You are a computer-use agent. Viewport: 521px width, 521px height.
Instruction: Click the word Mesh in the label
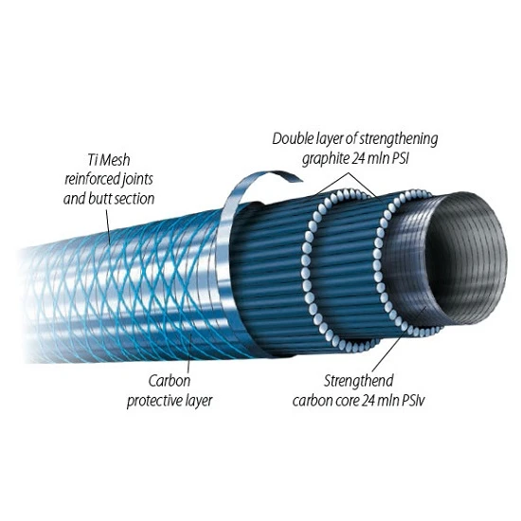tap(115, 160)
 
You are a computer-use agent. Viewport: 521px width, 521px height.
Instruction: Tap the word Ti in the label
tap(92, 160)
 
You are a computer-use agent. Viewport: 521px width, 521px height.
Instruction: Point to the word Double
tap(289, 138)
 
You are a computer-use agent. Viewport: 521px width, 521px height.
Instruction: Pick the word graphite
tap(325, 159)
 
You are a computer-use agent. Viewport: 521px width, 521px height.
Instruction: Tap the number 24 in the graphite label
tap(359, 159)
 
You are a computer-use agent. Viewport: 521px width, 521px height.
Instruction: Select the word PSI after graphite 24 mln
tap(400, 159)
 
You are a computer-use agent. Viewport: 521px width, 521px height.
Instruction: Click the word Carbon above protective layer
tap(170, 381)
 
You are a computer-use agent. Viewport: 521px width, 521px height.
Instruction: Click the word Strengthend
tap(358, 381)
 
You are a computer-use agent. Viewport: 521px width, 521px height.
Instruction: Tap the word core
tap(346, 401)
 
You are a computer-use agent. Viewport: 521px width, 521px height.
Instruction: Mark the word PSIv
tap(413, 401)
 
